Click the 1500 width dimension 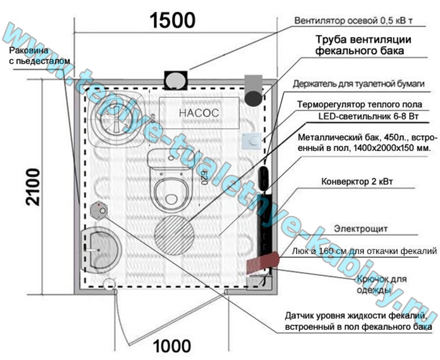click(x=172, y=20)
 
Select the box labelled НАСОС click(x=199, y=113)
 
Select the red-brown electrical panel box click(x=262, y=262)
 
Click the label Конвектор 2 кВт click(x=357, y=182)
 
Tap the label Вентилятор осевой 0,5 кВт click(x=360, y=21)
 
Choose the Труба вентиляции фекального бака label click(x=364, y=45)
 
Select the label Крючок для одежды click(x=381, y=284)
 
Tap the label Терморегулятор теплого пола click(x=359, y=104)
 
